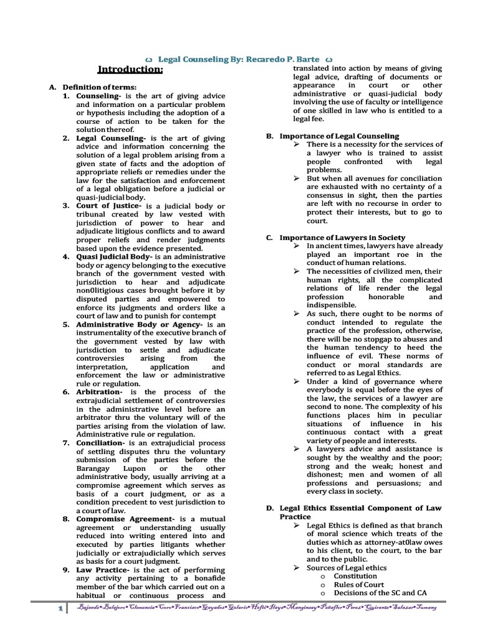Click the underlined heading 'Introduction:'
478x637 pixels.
(129, 70)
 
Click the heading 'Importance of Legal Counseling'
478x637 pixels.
(339, 136)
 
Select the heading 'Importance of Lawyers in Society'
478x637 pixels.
(342, 238)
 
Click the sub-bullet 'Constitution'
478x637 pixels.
(356, 576)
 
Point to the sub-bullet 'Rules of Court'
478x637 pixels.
(359, 585)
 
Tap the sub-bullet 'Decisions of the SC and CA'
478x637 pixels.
(383, 593)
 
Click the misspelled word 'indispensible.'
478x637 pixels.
(332, 305)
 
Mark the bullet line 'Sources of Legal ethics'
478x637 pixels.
(346, 567)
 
